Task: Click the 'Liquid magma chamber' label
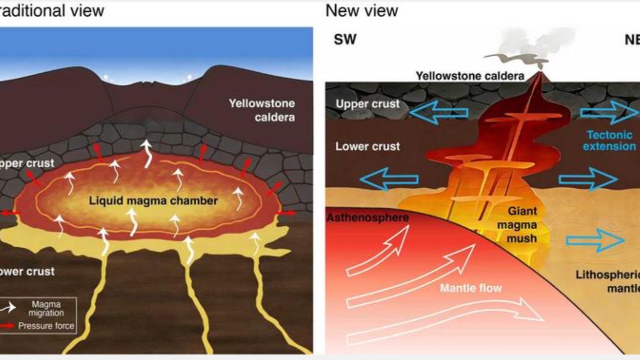click(153, 201)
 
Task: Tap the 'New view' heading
click(362, 11)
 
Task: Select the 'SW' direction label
click(345, 39)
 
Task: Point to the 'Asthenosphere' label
click(368, 217)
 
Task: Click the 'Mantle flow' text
click(470, 288)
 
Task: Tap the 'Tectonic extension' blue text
click(609, 141)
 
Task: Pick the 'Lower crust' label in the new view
click(367, 146)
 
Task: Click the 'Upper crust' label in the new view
click(367, 104)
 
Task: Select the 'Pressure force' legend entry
click(46, 326)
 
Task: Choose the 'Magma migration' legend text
click(46, 308)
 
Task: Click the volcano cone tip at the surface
click(540, 74)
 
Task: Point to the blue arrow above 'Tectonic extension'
click(609, 112)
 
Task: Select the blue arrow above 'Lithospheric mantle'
click(595, 240)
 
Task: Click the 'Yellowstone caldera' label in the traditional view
click(261, 110)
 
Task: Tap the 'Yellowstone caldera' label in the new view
click(470, 76)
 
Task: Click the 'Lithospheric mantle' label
click(609, 282)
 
